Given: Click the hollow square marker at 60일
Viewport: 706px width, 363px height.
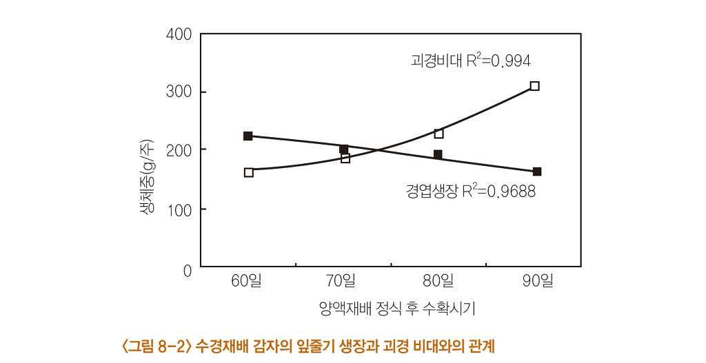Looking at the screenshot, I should tap(249, 172).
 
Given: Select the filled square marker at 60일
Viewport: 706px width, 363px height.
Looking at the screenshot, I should tap(248, 136).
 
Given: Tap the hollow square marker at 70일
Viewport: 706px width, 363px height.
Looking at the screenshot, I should tap(345, 158).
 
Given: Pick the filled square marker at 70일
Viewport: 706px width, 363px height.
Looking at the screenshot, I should tap(343, 149).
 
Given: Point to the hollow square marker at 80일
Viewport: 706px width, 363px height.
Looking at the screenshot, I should tap(438, 134).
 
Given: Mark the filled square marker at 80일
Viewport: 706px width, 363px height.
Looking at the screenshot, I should tap(438, 154).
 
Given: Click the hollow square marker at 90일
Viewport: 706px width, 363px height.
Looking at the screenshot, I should tap(534, 86).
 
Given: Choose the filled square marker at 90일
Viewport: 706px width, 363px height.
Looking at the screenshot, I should tap(537, 172).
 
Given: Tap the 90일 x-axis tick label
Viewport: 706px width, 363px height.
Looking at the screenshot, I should tap(538, 281).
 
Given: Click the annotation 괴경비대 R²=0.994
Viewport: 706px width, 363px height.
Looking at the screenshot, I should tap(470, 61).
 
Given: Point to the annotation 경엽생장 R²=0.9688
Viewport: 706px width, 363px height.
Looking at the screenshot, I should tap(470, 191).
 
